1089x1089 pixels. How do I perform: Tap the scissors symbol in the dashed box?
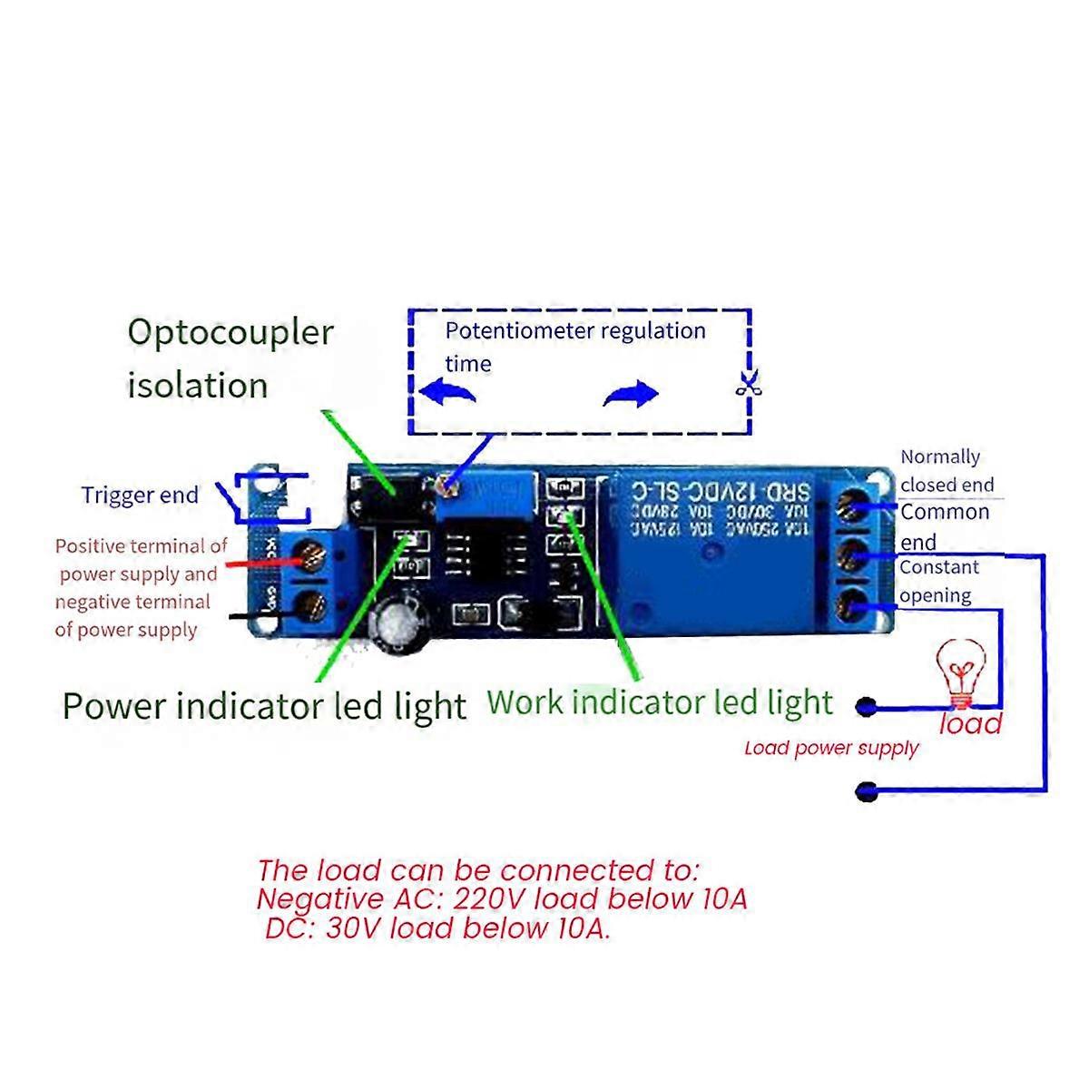748,386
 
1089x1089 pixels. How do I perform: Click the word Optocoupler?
231,333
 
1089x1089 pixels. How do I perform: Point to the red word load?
970,723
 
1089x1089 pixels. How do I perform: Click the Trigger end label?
140,495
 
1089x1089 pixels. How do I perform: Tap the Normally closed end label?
947,470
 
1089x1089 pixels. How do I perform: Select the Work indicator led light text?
660,702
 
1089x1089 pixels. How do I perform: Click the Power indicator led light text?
264,706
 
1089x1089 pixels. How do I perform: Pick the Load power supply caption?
831,749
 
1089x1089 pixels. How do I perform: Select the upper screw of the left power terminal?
309,555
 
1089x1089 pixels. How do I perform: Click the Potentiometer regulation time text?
574,346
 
